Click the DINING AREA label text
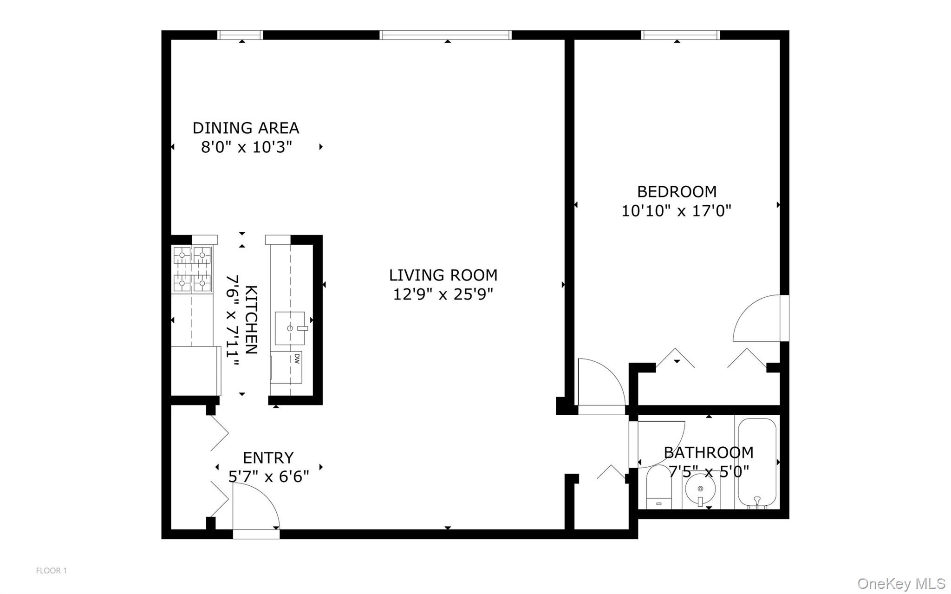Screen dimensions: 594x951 point(246,128)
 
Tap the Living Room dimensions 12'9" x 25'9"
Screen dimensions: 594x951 point(443,294)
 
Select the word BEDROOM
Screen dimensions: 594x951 point(676,191)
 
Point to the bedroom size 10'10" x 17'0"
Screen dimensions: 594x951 point(676,211)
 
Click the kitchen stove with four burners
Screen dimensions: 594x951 point(192,270)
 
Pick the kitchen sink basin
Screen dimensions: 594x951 point(290,328)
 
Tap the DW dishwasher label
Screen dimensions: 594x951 point(296,358)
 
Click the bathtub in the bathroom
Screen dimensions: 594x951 point(757,463)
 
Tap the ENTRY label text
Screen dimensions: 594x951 point(268,458)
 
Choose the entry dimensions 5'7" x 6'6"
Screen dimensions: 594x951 point(268,477)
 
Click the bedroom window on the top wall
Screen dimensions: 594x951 point(680,35)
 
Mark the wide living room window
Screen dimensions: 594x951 point(445,35)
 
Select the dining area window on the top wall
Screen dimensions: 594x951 point(240,35)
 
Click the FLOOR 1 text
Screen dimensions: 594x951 point(52,570)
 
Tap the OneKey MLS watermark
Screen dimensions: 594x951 point(901,583)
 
